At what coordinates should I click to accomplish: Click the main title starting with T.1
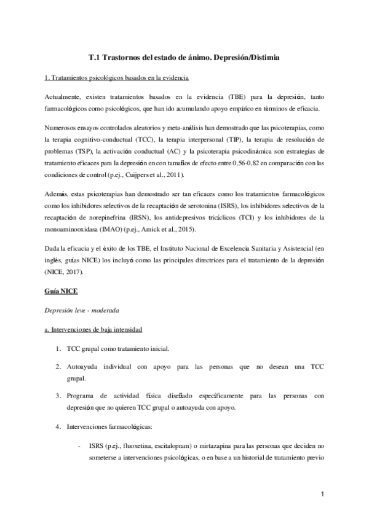(184, 58)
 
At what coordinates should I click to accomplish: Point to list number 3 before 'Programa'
(57, 396)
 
